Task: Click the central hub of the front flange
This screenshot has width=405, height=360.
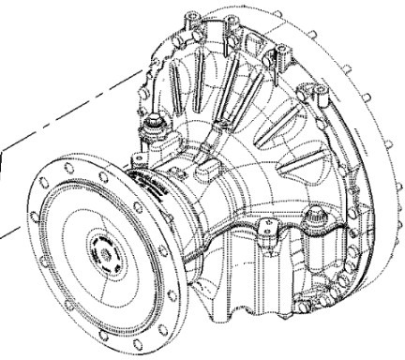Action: (x=100, y=249)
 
